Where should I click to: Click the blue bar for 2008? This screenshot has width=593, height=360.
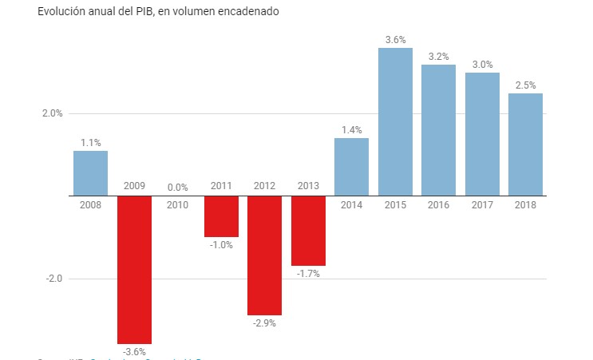pos(90,173)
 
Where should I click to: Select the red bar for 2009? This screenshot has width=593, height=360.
pos(134,269)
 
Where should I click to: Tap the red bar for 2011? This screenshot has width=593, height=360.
pos(221,216)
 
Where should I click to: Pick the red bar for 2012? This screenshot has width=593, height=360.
pos(264,255)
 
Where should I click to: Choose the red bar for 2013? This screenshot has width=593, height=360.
pos(308,231)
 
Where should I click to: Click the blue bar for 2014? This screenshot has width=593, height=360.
pos(351,167)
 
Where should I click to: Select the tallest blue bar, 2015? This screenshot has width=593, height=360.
pos(395,121)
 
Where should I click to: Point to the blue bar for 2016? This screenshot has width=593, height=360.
pos(438,130)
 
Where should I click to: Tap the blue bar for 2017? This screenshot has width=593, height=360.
pos(482,134)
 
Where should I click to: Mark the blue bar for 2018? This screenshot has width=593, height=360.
pos(525,144)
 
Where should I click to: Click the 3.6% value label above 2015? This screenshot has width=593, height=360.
pos(395,39)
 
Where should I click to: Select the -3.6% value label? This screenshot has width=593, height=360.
pos(134,352)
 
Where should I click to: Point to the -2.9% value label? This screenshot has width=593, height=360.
pos(264,323)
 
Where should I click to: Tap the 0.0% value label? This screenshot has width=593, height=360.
pos(177,188)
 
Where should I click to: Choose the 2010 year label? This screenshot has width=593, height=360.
pos(177,205)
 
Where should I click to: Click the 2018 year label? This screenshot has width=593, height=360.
pos(525,205)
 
